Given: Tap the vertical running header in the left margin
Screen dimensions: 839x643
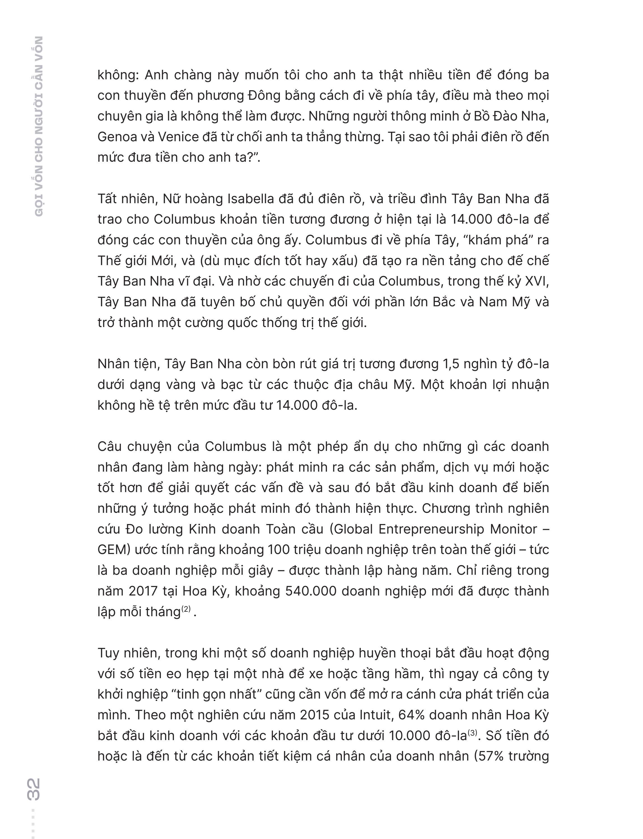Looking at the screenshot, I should pos(38,126).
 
